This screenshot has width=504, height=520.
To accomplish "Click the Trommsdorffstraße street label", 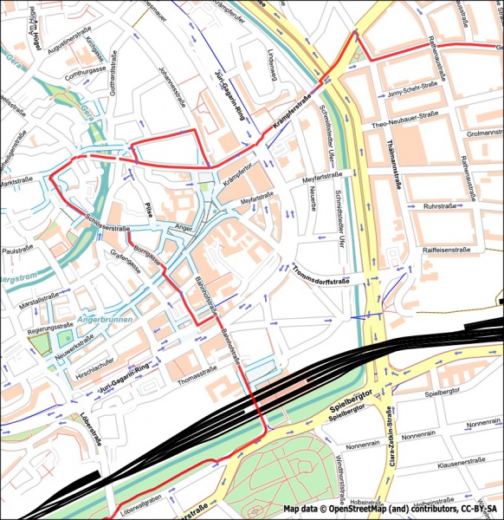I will (320, 276).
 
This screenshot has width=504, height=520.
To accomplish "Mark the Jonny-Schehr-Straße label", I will (411, 94).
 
